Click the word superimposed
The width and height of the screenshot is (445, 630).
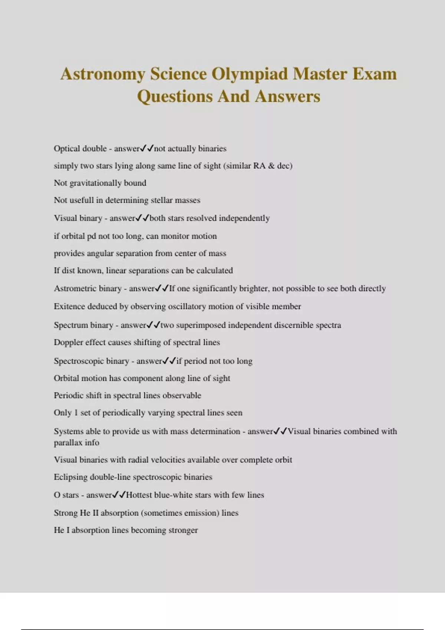pos(201,325)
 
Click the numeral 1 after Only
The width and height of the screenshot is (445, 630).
pos(76,413)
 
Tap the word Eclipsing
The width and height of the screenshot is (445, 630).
pos(71,477)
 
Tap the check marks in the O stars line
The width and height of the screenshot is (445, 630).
pos(119,495)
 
